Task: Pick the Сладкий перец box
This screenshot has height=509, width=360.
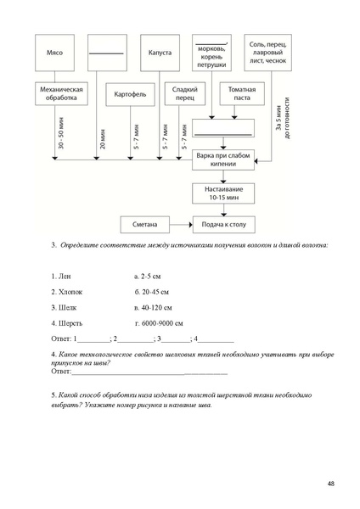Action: (183, 93)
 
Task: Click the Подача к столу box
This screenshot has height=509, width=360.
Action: (224, 225)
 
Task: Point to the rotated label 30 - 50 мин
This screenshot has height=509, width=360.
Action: (61, 136)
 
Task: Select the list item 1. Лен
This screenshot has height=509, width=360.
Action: (64, 277)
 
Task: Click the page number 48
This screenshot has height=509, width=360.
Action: (329, 484)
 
